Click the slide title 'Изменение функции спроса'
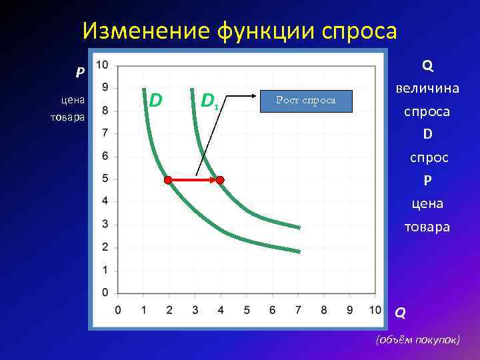coord(239,30)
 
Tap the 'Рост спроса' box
coord(306,100)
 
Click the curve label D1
coord(209,101)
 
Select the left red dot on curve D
coord(168,179)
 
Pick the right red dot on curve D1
coord(220,179)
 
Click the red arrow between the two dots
coord(194,179)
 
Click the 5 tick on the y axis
coord(105,179)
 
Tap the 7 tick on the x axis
coord(297,310)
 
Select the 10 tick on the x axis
coord(375,310)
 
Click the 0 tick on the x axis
coord(118,310)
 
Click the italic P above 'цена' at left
coord(79,72)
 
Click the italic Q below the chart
coord(400,311)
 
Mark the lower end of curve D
coord(299,251)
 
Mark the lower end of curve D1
coord(299,227)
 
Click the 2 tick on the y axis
coord(105,247)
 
